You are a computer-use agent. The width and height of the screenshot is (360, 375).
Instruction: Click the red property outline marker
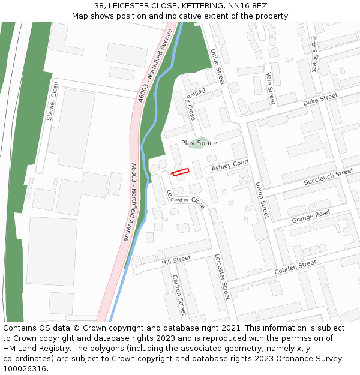click(x=181, y=172)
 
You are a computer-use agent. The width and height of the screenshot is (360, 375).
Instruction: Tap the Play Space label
click(x=199, y=143)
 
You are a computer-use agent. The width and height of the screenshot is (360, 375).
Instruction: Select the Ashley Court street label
click(x=230, y=164)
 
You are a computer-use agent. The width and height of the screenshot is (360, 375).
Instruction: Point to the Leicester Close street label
click(x=186, y=199)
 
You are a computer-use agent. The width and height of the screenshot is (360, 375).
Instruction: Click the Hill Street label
click(x=176, y=260)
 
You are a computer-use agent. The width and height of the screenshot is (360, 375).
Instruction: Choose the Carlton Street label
click(x=179, y=295)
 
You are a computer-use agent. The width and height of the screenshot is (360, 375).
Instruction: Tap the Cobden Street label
click(x=295, y=268)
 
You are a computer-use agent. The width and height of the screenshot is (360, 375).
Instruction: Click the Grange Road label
click(x=311, y=217)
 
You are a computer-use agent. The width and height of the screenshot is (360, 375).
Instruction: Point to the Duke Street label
click(x=320, y=100)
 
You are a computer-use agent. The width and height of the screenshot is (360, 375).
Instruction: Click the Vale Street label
click(x=270, y=88)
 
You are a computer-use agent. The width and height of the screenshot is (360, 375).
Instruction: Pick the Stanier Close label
click(x=52, y=100)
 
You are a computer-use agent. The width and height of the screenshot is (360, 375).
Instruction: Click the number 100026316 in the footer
click(x=25, y=368)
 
